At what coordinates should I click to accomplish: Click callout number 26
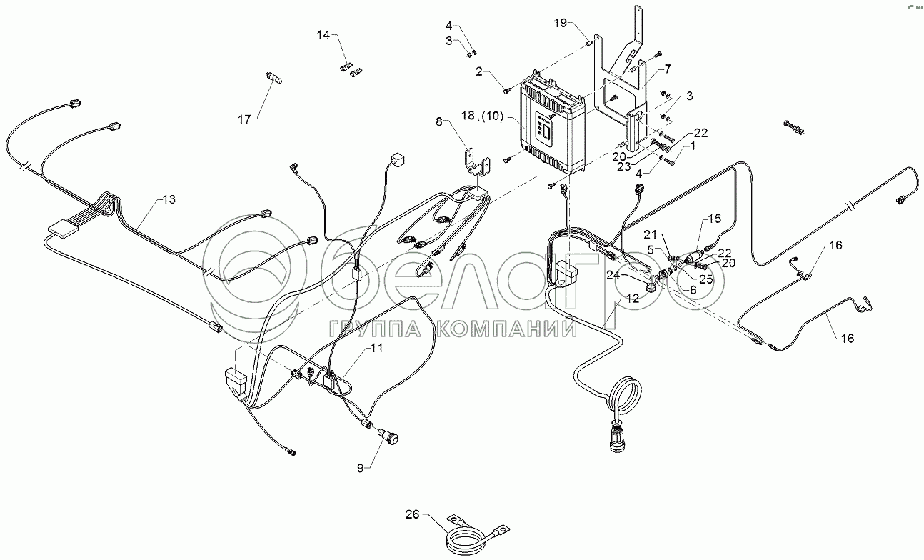(413, 514)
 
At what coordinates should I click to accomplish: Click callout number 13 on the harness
(169, 199)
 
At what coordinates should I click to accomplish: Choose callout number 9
(361, 468)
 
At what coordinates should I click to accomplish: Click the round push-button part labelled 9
(391, 434)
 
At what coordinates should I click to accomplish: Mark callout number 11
(376, 349)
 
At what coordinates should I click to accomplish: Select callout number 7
(668, 69)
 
